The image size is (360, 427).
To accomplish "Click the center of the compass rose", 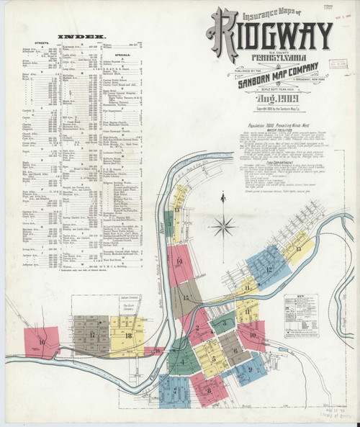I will [x=225, y=227].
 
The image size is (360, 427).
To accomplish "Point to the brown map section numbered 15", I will [x=186, y=297].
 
